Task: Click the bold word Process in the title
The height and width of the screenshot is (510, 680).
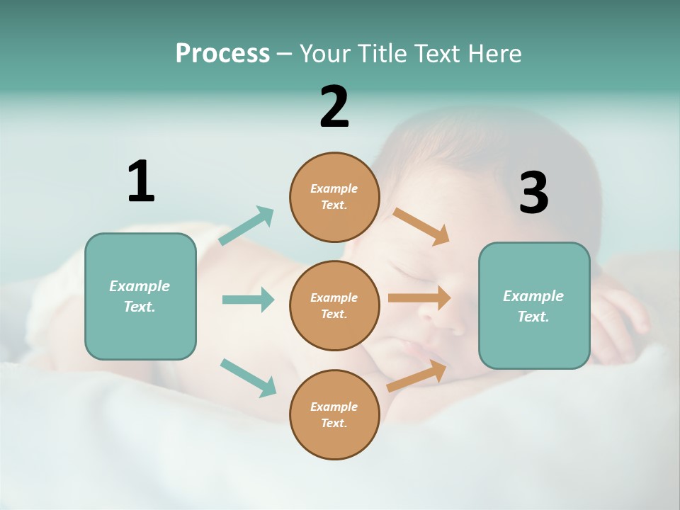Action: pos(222,53)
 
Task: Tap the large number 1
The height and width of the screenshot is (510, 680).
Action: pos(141,181)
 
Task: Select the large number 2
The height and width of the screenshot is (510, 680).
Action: pos(334,107)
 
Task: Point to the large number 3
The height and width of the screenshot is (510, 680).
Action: pos(533,193)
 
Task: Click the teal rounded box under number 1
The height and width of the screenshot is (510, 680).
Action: pos(140,296)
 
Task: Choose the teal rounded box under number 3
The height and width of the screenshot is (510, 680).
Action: pos(534,305)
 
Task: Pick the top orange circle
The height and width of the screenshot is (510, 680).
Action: pos(334,197)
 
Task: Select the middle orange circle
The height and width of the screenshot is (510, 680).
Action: pos(334,305)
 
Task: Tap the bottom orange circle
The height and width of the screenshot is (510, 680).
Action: pos(334,414)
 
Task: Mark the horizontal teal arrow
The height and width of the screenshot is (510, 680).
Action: pos(248,300)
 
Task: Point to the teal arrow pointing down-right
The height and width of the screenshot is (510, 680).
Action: pos(248,377)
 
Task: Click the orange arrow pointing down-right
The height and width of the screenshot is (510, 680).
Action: pos(421,226)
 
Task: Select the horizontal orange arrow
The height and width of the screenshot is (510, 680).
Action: pos(419,298)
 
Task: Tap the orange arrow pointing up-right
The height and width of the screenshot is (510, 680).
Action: pos(416,376)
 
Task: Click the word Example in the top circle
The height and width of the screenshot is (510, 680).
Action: pos(334,188)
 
